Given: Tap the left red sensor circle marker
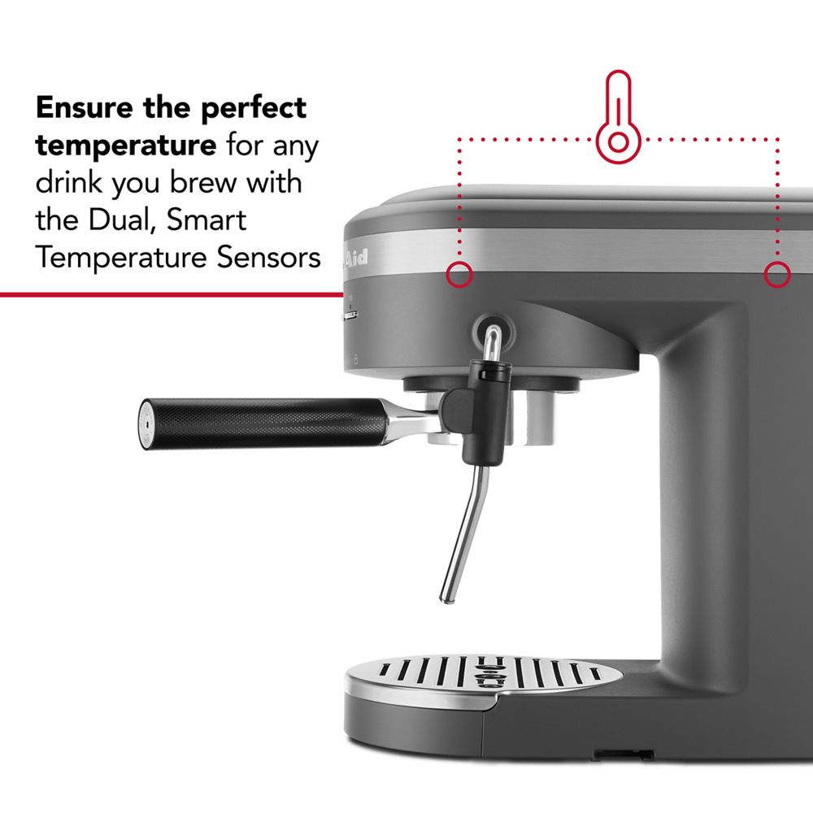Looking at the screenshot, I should (x=459, y=275).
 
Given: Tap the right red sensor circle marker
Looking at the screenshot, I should (x=777, y=276).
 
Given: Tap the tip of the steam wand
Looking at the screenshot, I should (x=445, y=598).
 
